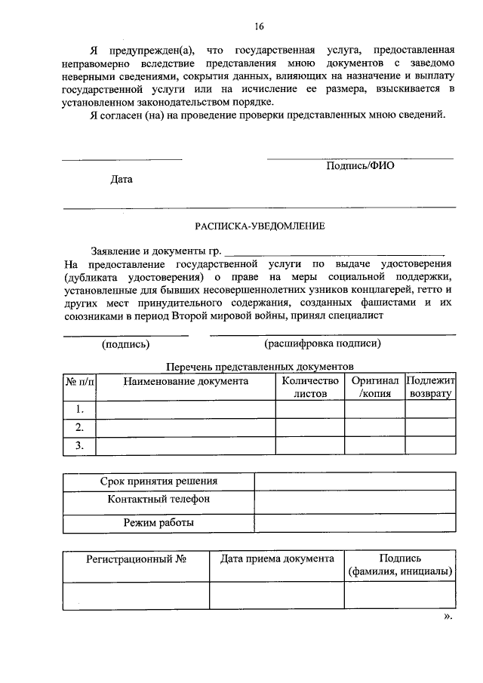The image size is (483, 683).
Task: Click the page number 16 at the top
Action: tap(259, 26)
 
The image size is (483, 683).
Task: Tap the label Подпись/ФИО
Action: tap(360, 166)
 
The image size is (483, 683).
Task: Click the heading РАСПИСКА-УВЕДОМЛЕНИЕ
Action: tap(259, 226)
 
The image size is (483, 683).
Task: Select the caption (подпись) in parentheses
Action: tap(125, 344)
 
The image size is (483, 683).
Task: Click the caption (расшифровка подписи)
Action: tap(322, 344)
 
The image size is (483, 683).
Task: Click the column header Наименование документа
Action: tap(186, 381)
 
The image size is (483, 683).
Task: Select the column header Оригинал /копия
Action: tap(374, 387)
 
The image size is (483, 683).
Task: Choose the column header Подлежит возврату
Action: tap(430, 387)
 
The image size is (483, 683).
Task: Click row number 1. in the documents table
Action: tap(79, 409)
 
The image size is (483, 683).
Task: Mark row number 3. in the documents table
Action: tap(79, 445)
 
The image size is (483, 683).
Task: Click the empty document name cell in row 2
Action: tap(186, 427)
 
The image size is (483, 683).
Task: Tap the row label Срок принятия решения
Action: tap(158, 481)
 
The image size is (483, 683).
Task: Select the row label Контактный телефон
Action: tap(158, 500)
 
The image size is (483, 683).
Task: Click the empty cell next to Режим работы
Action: tap(355, 523)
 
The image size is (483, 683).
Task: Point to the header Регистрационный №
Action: tap(136, 559)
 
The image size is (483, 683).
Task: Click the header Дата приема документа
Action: tap(276, 559)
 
